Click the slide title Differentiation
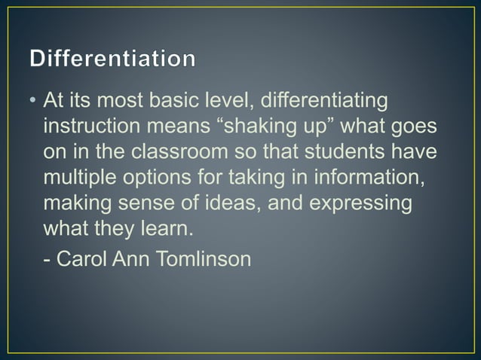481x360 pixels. [x=112, y=59]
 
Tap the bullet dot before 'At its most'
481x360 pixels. [x=33, y=100]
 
